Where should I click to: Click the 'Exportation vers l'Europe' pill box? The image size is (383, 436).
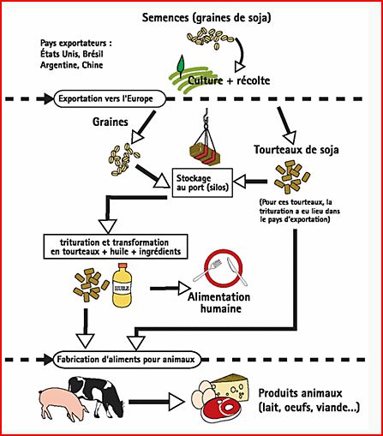pos(110,99)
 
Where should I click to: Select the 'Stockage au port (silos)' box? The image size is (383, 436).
pos(202,182)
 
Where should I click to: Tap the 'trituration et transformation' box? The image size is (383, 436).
pos(116,247)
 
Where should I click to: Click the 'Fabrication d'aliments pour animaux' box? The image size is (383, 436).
pos(127,359)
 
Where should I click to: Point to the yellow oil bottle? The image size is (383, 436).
pos(122,285)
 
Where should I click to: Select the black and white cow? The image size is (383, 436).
pos(97,395)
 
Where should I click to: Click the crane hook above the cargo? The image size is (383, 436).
pos(206,117)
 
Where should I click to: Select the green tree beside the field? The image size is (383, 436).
pos(181,66)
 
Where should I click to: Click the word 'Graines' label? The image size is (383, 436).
pos(111,122)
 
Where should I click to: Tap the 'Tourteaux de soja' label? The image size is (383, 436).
pos(296,150)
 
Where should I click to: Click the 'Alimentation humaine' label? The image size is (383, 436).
pos(219,302)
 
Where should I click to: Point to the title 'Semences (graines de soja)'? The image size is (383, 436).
pos(206,17)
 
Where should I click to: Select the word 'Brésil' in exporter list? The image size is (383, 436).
pos(93,54)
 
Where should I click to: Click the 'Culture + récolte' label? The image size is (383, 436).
pos(229,81)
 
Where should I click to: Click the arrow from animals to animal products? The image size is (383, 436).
pos(157,402)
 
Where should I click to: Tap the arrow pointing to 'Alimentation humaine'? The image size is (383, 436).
pos(171,289)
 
